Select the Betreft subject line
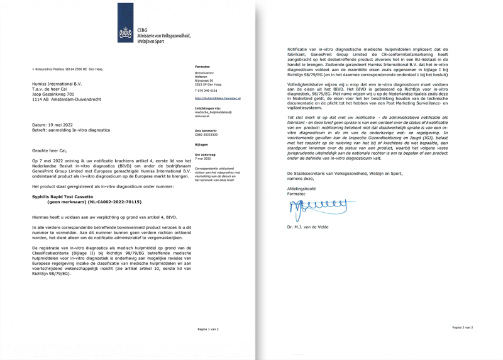coord(69,129)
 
